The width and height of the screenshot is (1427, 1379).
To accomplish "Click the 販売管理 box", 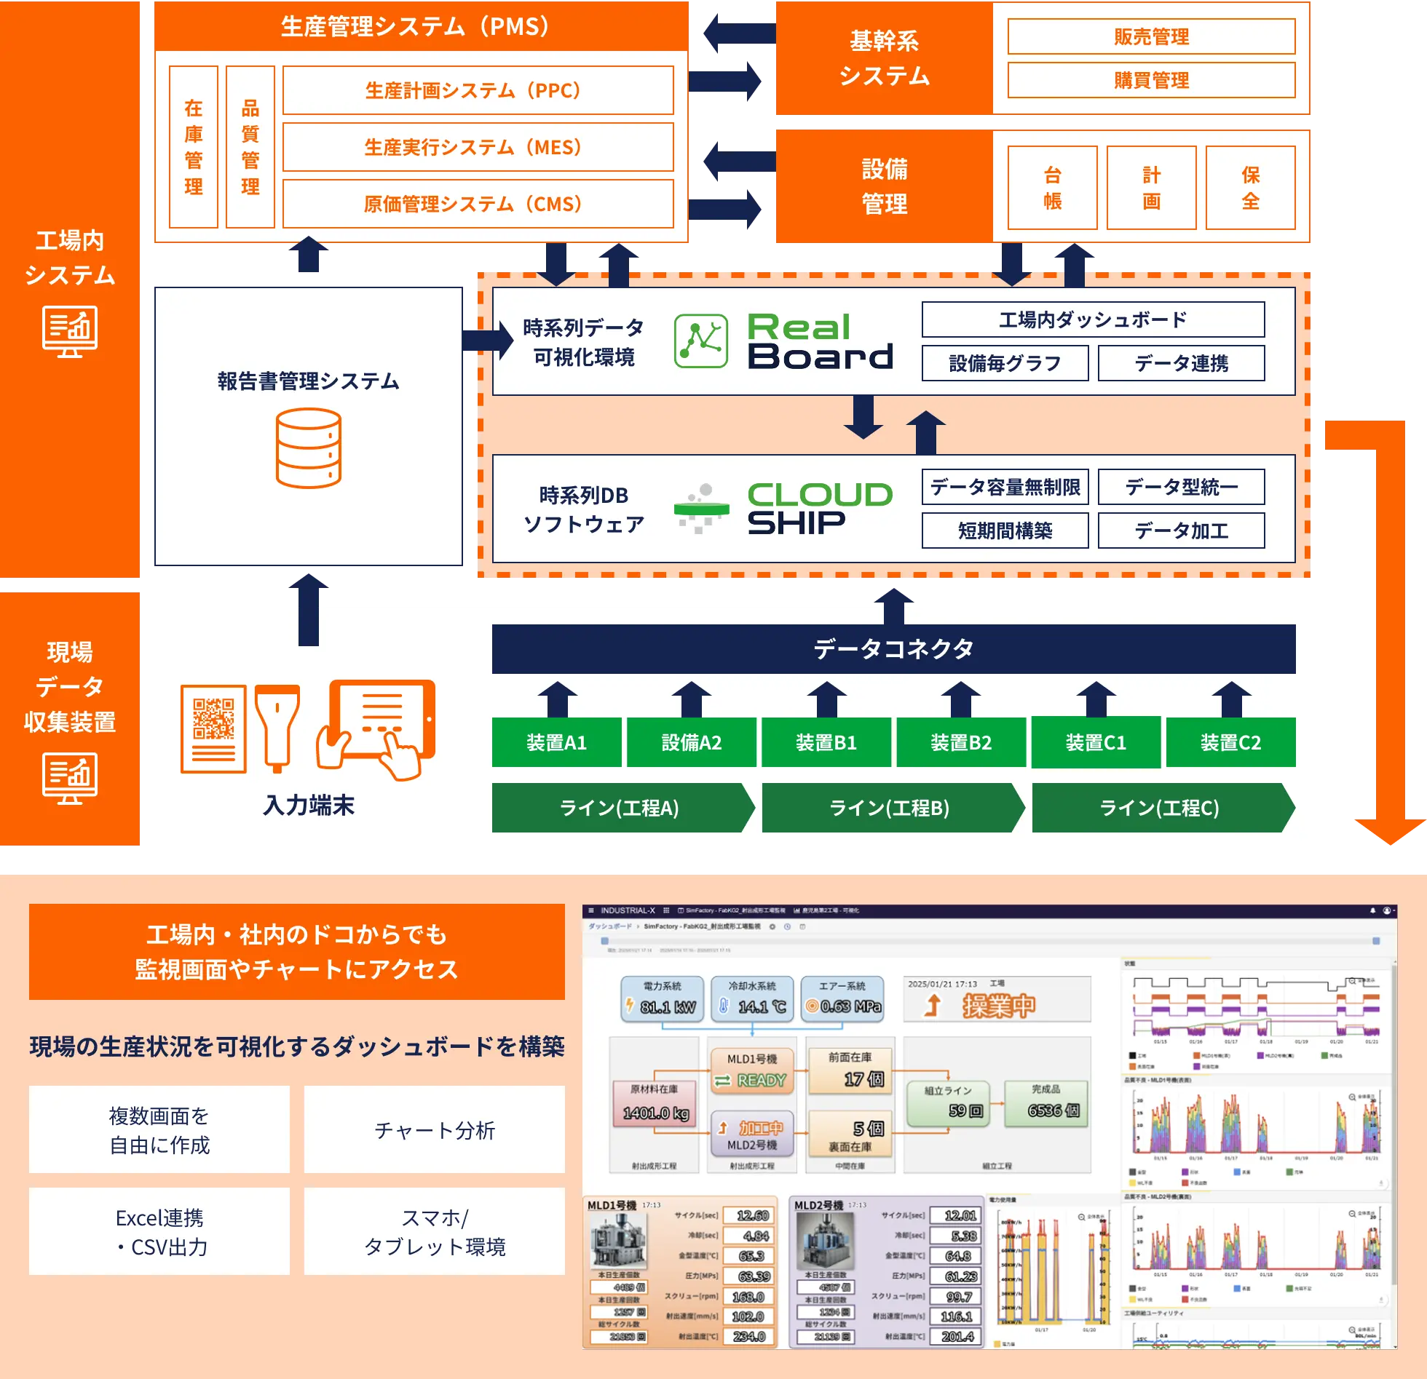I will tap(1150, 36).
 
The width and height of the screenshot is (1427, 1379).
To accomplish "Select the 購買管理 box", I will tap(1150, 80).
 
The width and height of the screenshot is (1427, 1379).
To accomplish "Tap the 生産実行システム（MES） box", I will tap(478, 147).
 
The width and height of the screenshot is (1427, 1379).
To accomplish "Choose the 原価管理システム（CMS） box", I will tap(478, 204).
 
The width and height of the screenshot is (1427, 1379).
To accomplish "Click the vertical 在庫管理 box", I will tap(194, 147).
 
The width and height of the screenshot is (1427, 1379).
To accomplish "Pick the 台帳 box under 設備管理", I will tap(1052, 188).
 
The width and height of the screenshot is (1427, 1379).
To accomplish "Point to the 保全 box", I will tap(1250, 188).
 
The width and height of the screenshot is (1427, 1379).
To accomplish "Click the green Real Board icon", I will tap(700, 341).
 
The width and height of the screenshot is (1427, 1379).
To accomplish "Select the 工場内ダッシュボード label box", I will tap(1093, 319).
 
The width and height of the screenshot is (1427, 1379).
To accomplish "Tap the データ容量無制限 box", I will tap(1005, 487).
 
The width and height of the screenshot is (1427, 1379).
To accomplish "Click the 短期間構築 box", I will tap(1005, 530).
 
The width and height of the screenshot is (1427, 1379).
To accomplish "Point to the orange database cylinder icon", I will tap(309, 448).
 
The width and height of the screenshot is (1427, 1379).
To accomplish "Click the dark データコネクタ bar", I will tap(893, 648).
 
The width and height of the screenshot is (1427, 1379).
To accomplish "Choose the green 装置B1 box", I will tap(826, 742).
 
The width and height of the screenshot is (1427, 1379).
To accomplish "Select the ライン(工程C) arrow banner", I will tap(1159, 808).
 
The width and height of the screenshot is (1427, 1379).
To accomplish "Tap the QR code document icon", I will tap(213, 728).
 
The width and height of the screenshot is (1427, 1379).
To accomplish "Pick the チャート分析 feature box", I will tap(434, 1129).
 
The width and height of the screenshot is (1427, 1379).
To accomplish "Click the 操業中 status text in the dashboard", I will tap(998, 1006).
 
